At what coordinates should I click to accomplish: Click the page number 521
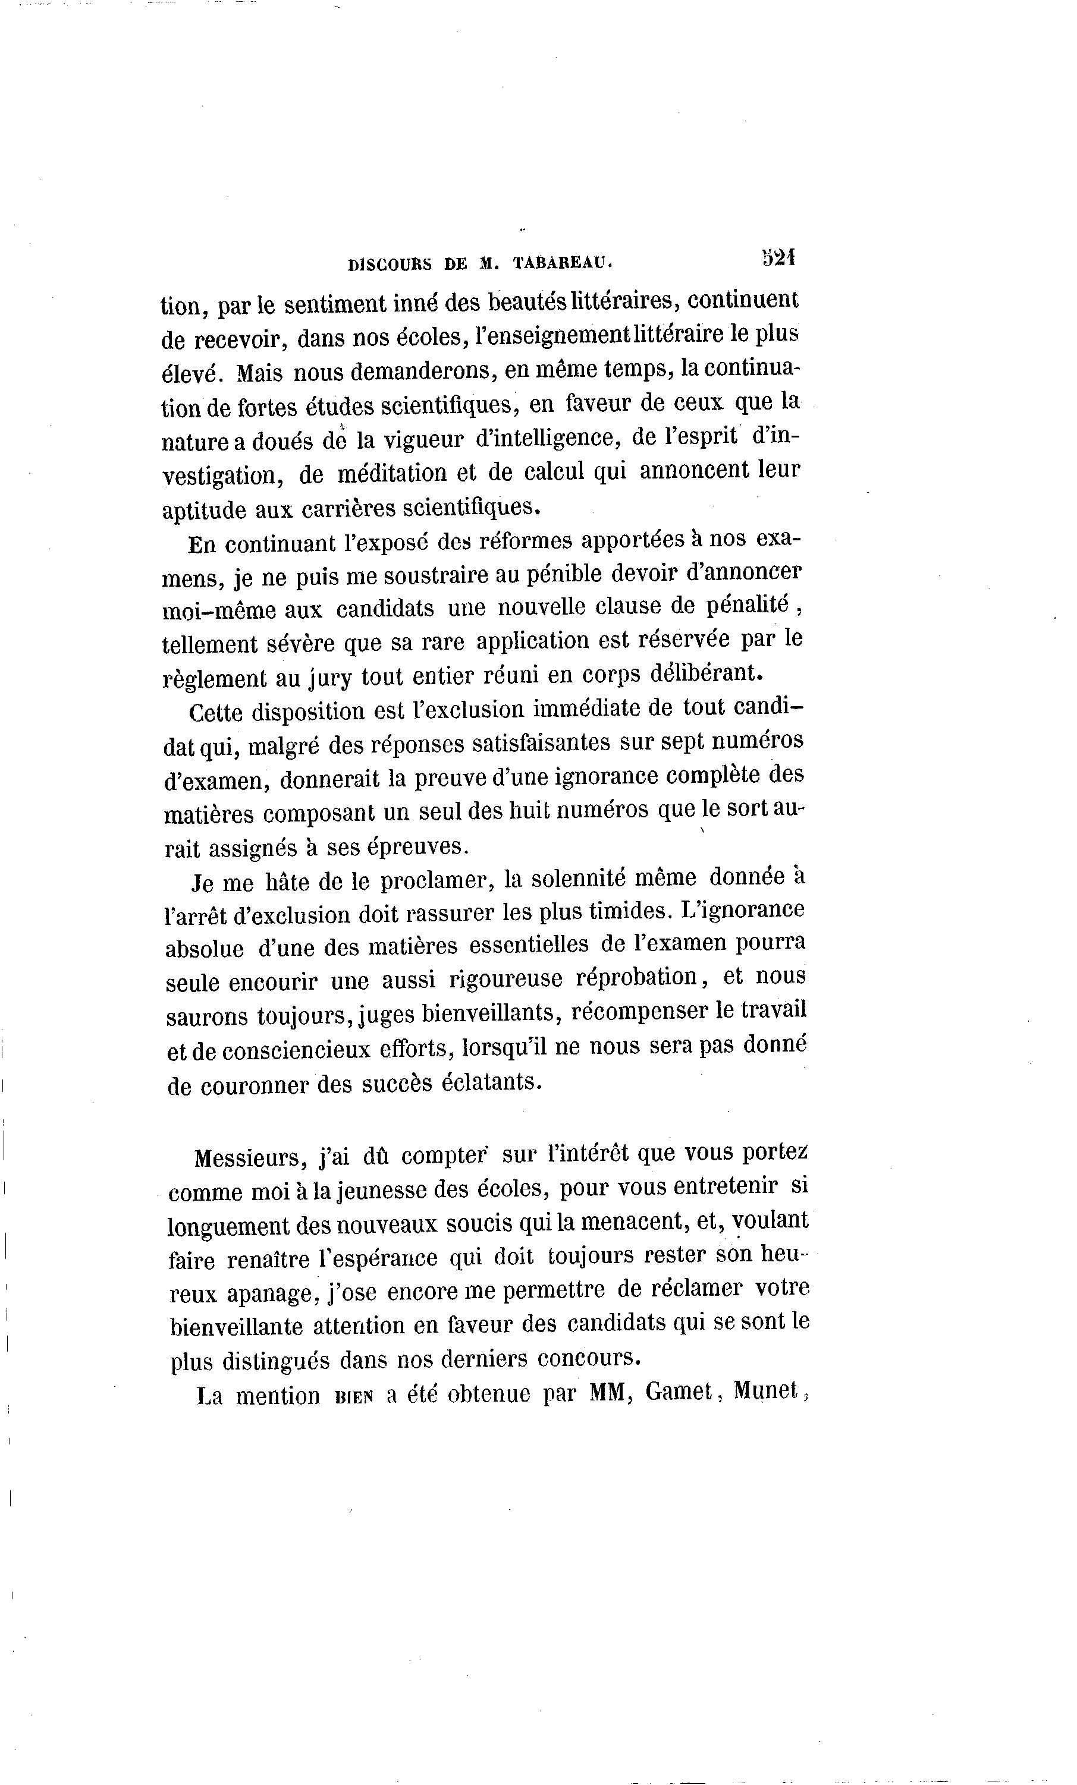778,259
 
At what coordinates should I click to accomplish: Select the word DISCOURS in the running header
390,265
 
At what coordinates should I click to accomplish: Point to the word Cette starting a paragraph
215,713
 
